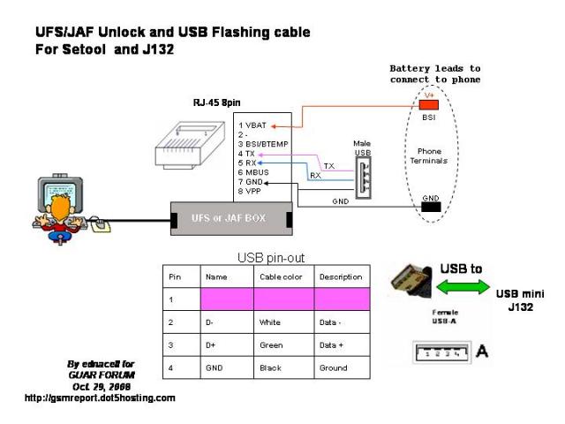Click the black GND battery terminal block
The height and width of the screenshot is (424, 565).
431,208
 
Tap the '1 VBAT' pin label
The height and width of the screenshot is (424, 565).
253,125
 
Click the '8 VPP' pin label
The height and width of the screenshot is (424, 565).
252,191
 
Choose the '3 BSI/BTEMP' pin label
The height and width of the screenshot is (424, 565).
264,143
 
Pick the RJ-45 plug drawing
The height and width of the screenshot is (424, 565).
183,144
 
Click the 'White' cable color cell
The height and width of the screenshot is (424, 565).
270,322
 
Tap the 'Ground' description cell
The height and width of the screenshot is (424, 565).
333,367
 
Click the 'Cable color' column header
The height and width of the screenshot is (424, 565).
281,276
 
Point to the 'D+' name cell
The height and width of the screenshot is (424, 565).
211,344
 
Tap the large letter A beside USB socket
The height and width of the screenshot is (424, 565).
482,352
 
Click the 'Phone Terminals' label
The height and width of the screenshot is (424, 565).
430,155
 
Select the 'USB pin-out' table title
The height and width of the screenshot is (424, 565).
271,258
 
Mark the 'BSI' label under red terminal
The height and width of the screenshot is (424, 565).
430,117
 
